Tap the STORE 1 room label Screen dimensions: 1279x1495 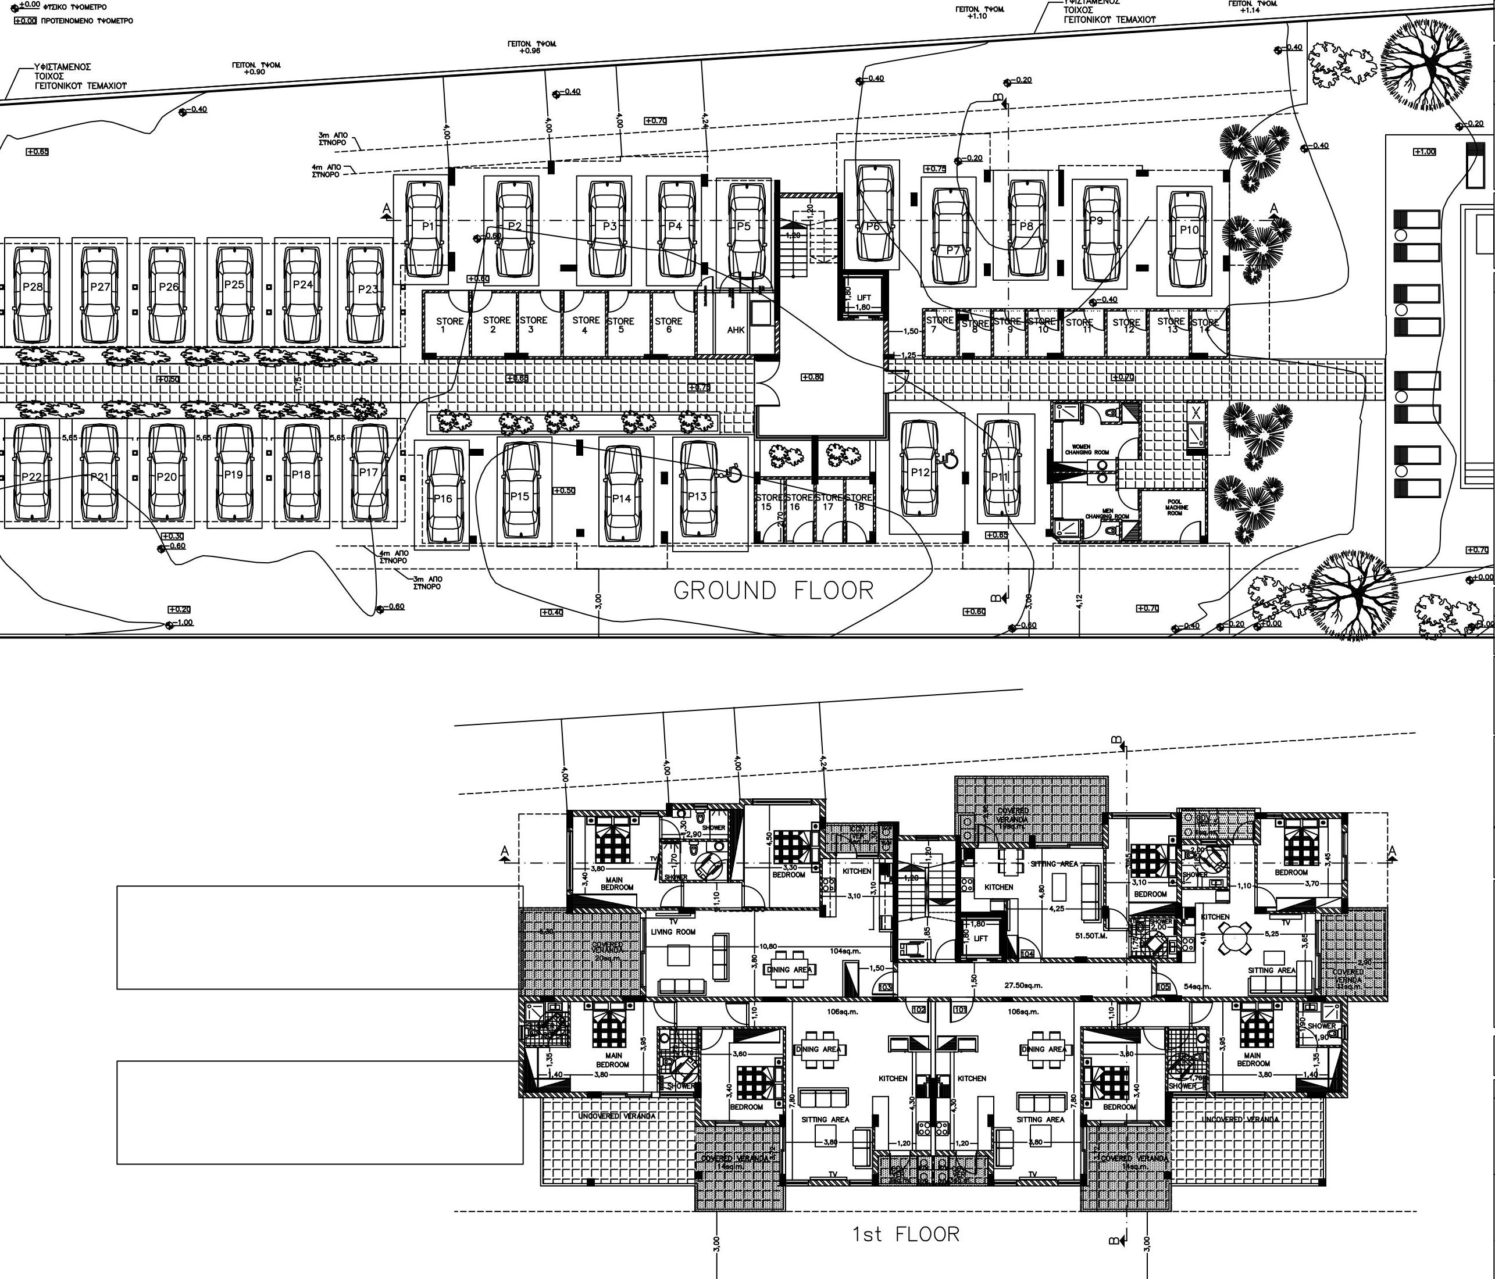[449, 324]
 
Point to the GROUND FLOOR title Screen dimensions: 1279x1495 [773, 591]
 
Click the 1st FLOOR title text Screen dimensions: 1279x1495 [906, 1234]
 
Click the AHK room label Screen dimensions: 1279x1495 [735, 330]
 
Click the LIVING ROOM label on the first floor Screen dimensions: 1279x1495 [673, 931]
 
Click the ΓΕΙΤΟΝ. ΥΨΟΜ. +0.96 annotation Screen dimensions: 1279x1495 [531, 48]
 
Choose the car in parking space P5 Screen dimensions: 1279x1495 [746, 230]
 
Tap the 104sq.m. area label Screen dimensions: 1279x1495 [845, 951]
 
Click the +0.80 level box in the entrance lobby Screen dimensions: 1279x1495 [812, 377]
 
